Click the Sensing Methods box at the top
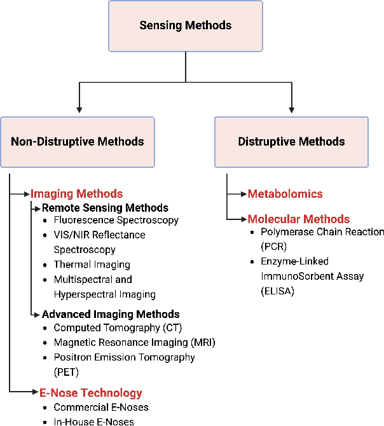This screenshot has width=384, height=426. pos(186,26)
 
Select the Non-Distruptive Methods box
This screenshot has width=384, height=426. pos(78,142)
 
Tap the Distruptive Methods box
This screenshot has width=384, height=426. pos(291,142)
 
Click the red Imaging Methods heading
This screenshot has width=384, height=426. pos(76,194)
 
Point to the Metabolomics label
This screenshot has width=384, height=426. pos(285,194)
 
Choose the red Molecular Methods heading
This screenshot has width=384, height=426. pos(299,219)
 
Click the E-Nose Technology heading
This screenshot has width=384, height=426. pos(91,393)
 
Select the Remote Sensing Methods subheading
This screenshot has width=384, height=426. pos(105,208)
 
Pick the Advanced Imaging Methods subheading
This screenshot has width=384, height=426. pos(111,314)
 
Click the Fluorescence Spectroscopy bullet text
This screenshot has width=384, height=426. pos(116,221)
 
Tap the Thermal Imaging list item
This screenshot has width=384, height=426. pos(92,265)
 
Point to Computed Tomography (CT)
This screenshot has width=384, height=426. pos(118,328)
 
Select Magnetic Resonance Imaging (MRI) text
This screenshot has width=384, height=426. pos(135,343)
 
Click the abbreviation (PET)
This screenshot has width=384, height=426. pos(66,372)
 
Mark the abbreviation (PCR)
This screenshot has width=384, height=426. pos(274,247)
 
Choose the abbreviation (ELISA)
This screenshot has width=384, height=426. pos(278,291)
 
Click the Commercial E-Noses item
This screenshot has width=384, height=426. pos(101,408)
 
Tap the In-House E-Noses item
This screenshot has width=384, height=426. pos(93,422)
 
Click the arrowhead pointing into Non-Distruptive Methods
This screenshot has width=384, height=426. pos(79,110)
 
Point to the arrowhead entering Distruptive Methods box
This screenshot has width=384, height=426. pos(292,110)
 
